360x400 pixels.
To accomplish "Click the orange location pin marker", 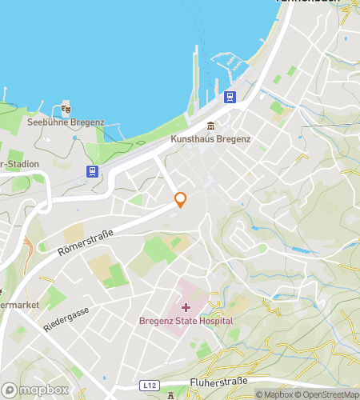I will coord(181,200).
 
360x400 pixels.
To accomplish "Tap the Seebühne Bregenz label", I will coord(66,122).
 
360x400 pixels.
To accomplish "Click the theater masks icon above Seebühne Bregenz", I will coord(66,108).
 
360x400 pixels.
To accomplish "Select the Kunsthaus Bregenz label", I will coord(210,139).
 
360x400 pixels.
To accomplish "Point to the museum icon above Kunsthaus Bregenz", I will coord(210,126).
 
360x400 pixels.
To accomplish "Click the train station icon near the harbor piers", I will coord(230,98).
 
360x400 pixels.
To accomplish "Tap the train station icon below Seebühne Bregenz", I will coord(93,171).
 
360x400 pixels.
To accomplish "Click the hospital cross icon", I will coord(186,307).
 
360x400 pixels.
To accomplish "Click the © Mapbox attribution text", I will coord(274,394).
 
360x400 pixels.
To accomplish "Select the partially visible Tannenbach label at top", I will coord(307,2).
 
